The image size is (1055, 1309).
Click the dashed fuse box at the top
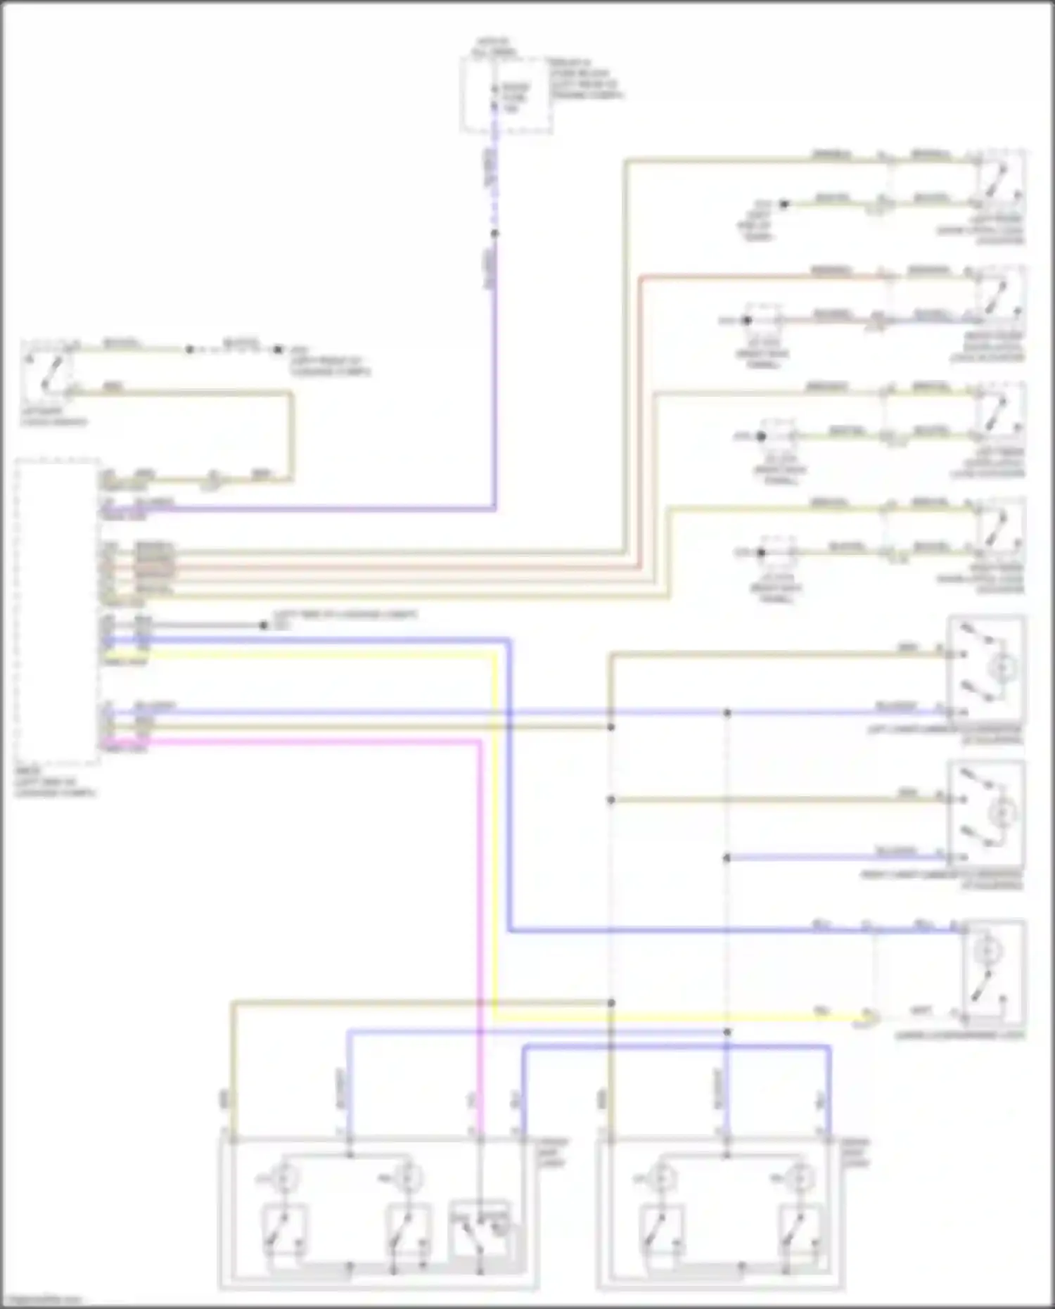pos(505,95)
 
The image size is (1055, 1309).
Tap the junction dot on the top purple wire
pos(494,234)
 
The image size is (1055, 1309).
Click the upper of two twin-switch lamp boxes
pos(986,668)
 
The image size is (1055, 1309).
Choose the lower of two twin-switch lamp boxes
pos(986,814)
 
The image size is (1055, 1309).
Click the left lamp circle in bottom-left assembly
pos(283,1176)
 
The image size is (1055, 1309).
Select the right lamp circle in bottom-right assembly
pos(796,1176)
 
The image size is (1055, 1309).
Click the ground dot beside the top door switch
pos(784,204)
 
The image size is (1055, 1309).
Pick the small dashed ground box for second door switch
pos(763,321)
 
